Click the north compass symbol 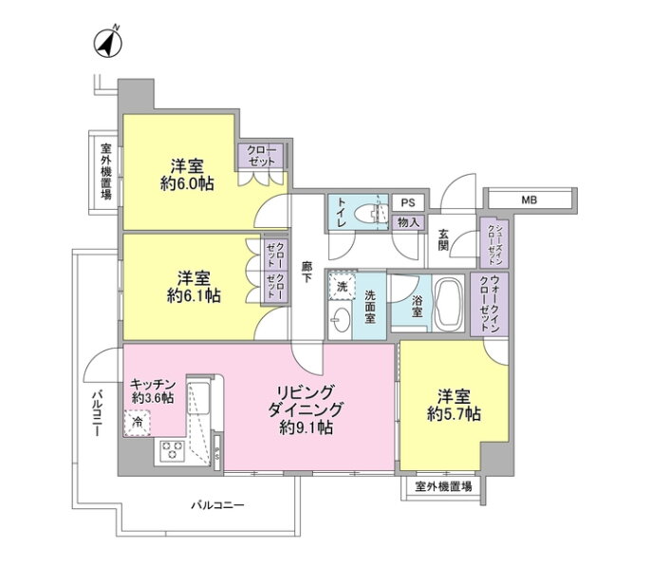pyautogui.click(x=108, y=43)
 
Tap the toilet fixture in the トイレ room pyautogui.click(x=370, y=213)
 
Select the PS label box pyautogui.click(x=408, y=203)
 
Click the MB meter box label pyautogui.click(x=529, y=200)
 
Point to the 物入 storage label pyautogui.click(x=408, y=223)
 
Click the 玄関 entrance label pyautogui.click(x=443, y=239)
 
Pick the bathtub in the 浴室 pyautogui.click(x=450, y=302)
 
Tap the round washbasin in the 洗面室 pyautogui.click(x=342, y=319)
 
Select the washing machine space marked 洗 pyautogui.click(x=343, y=286)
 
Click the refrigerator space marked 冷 pyautogui.click(x=138, y=424)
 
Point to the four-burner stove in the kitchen pyautogui.click(x=172, y=451)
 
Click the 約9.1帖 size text pyautogui.click(x=306, y=427)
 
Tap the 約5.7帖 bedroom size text pyautogui.click(x=454, y=414)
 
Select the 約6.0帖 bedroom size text pyautogui.click(x=187, y=183)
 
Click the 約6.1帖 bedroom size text pyautogui.click(x=194, y=295)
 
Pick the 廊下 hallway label pyautogui.click(x=306, y=273)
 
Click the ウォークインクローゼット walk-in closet pyautogui.click(x=489, y=304)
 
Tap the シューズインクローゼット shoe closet pyautogui.click(x=494, y=242)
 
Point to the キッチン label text pyautogui.click(x=153, y=384)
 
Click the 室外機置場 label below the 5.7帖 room pyautogui.click(x=443, y=486)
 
